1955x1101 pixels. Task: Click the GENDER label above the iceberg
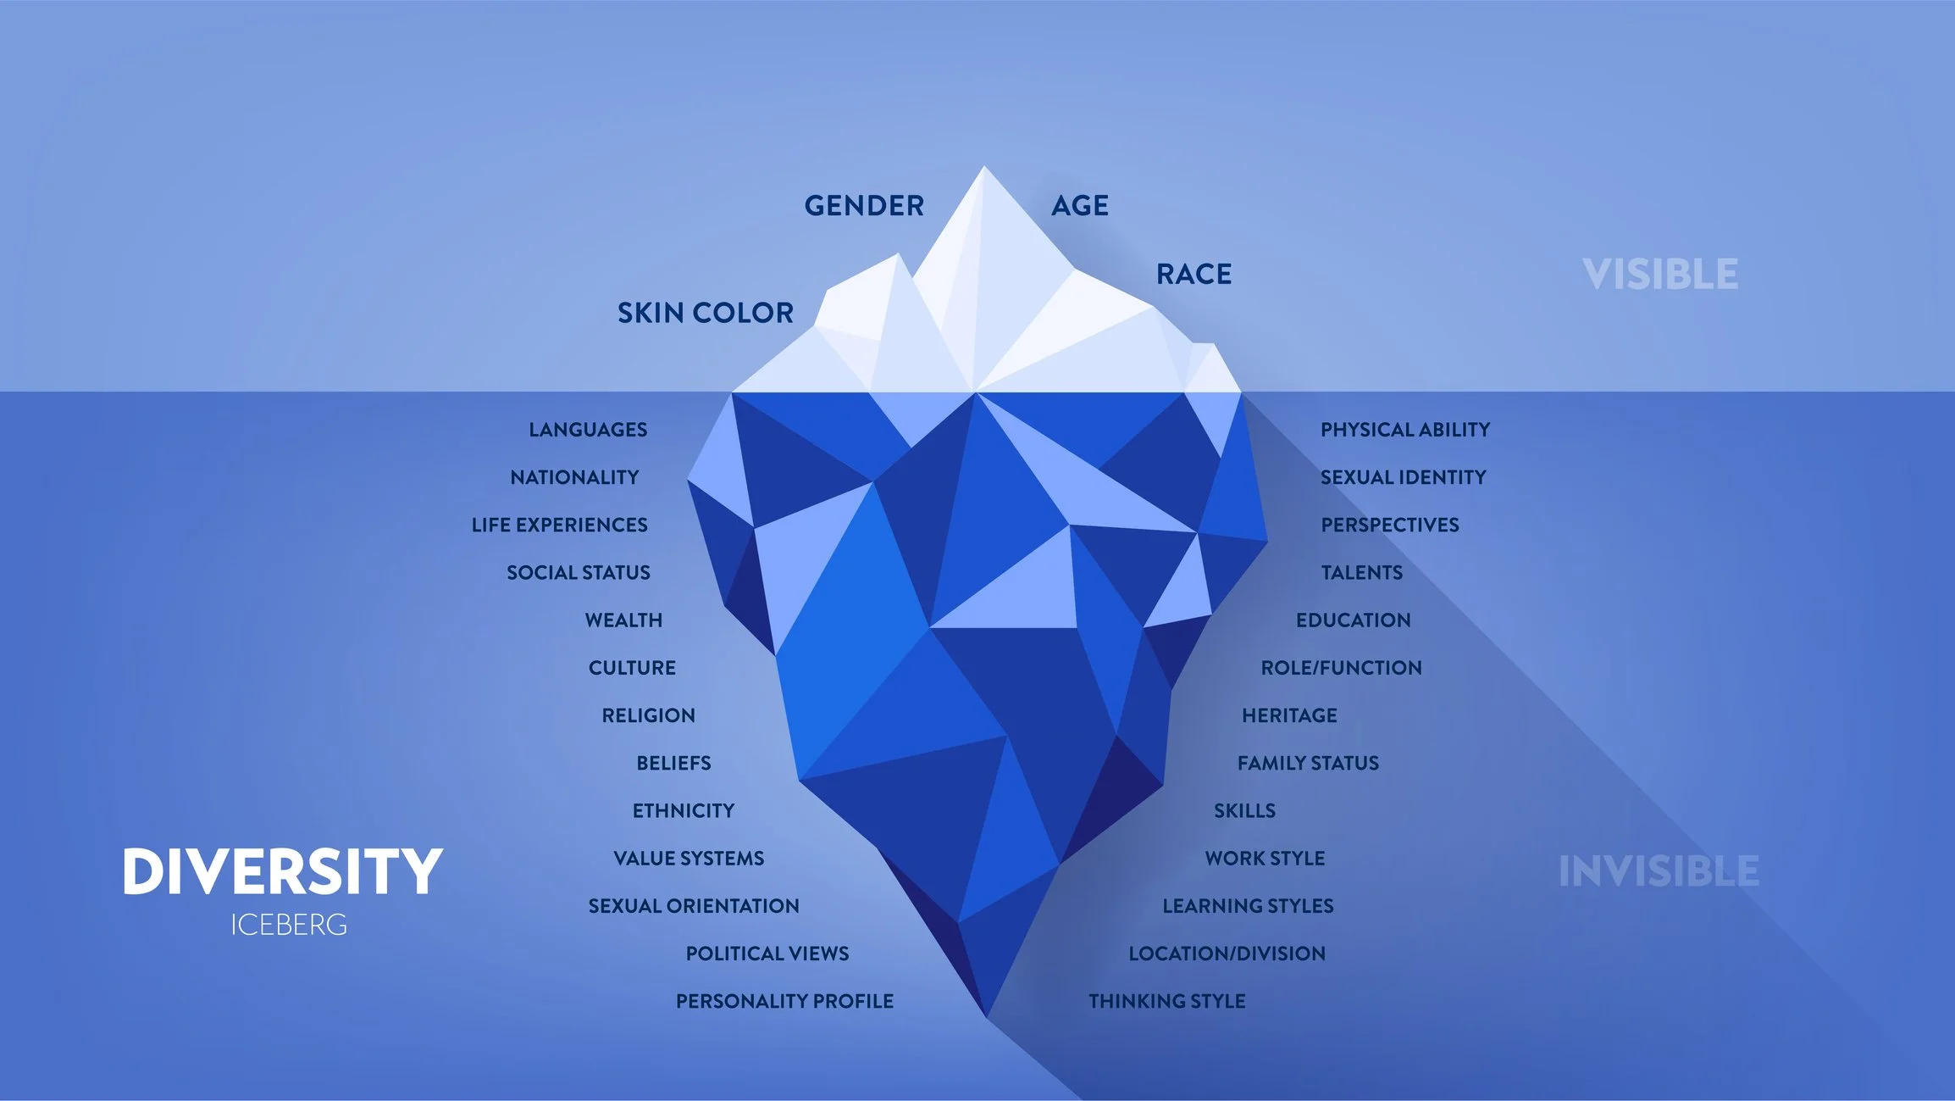[x=864, y=206]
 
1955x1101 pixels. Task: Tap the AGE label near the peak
[x=1080, y=206]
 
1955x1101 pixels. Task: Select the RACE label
[x=1193, y=275]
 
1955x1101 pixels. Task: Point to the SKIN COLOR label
[x=705, y=314]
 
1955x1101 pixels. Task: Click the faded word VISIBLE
[x=1660, y=275]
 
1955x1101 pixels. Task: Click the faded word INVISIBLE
[x=1659, y=871]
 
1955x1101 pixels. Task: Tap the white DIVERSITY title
[x=282, y=871]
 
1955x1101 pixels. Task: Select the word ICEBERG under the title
[x=289, y=925]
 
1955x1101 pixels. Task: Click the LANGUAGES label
[x=588, y=430]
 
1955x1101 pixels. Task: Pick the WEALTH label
[x=623, y=620]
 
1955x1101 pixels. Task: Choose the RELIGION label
[x=648, y=715]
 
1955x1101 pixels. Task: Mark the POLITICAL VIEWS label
[x=767, y=954]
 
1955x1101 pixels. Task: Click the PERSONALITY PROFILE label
[x=784, y=1001]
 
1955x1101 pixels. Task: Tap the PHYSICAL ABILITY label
[x=1404, y=430]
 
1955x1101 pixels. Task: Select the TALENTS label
[x=1361, y=573]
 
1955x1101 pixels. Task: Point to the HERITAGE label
[x=1289, y=715]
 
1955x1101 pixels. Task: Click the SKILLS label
[x=1244, y=811]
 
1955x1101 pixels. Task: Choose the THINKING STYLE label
[x=1166, y=1001]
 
